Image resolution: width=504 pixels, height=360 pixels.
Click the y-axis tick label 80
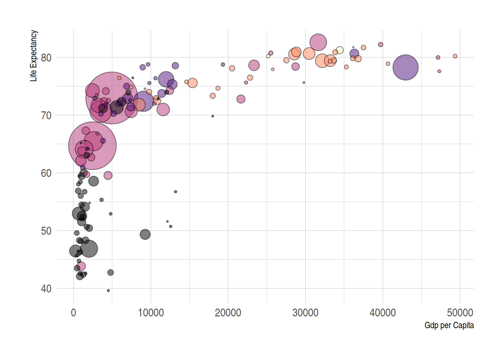46,58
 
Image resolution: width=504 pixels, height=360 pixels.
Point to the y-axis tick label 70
46,115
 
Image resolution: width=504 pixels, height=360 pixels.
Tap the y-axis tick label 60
46,173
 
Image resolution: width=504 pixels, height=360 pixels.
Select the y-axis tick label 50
46,231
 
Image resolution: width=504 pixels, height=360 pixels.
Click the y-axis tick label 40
46,289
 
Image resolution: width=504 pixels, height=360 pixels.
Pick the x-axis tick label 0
73,313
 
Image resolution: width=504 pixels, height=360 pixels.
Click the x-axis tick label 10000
151,313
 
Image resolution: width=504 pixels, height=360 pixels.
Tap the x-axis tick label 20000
228,313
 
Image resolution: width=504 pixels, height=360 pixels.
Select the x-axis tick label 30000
305,313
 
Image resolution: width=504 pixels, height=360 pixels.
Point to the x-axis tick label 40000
382,313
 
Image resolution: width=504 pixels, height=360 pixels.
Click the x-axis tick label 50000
460,313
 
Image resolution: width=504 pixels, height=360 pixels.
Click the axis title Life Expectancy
34,55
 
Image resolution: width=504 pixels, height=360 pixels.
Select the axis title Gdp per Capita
449,325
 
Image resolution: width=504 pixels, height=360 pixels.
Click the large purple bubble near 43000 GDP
405,67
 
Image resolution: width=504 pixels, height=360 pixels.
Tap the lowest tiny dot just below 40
108,291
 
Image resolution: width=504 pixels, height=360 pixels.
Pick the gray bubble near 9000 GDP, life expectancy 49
145,234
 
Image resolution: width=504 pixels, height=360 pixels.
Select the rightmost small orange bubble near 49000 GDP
455,56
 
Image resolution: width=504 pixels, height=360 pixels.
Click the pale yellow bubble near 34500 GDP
340,50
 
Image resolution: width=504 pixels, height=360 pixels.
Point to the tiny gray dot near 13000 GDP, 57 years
175,192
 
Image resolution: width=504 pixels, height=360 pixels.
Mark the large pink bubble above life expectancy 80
318,42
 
